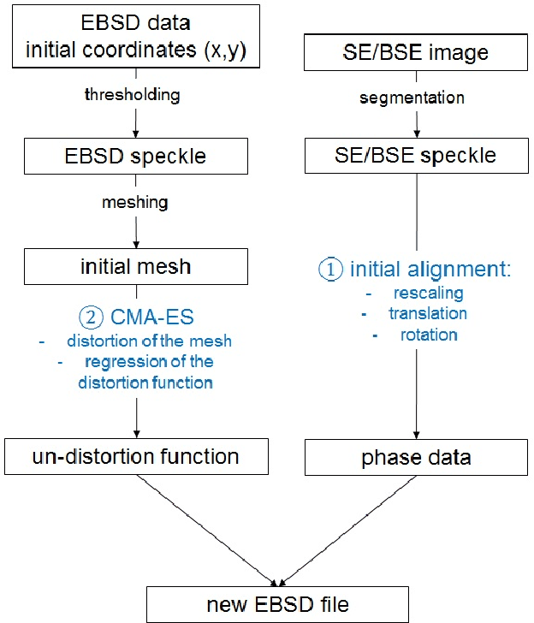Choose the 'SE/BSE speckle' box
coord(416,157)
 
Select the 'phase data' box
coord(416,457)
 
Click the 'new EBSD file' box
coord(277,605)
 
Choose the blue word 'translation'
coord(428,313)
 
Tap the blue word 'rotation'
coord(428,334)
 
